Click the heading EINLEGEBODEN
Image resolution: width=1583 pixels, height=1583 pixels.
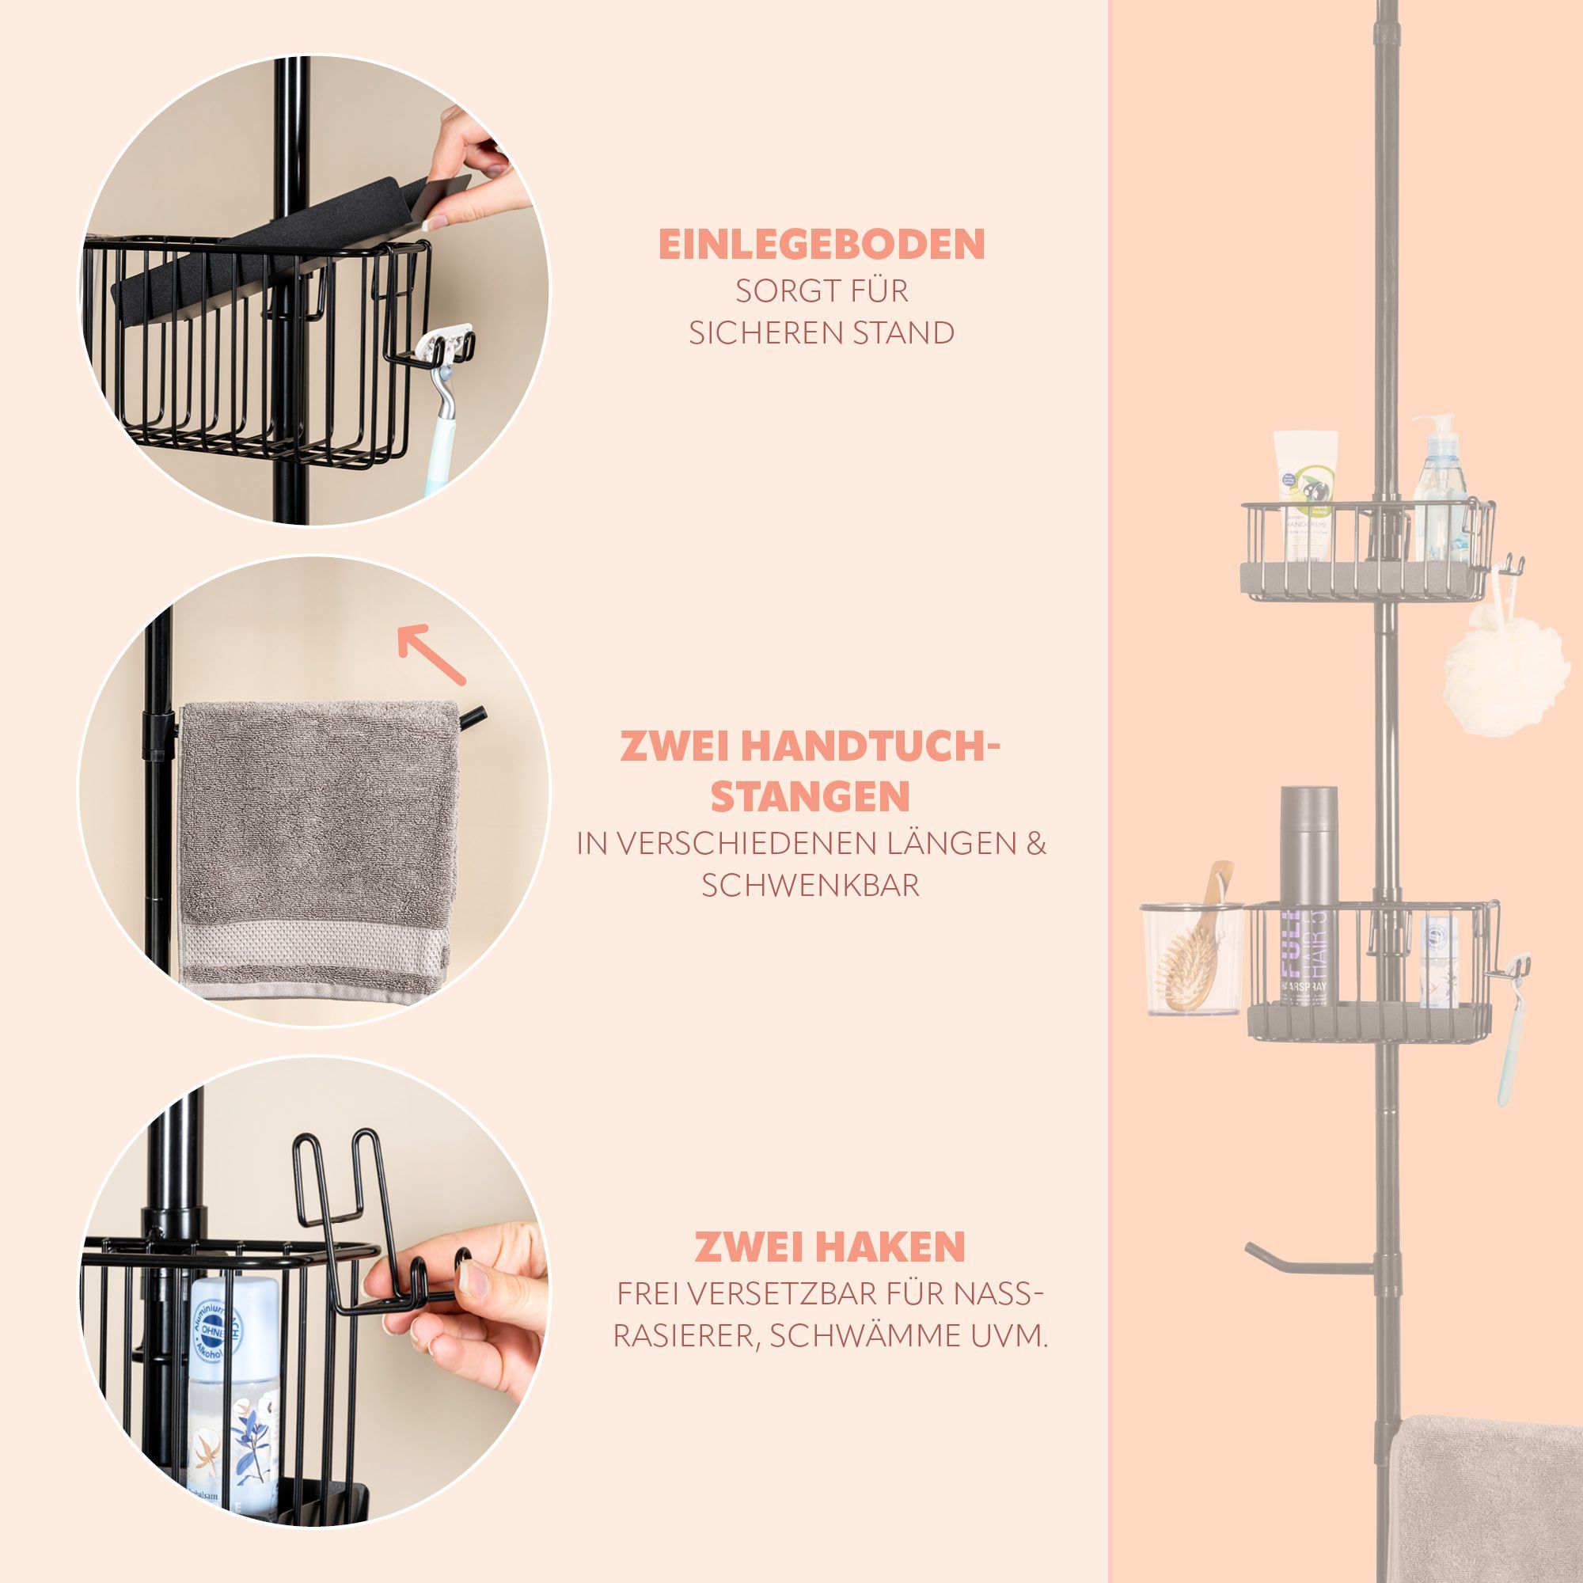[821, 244]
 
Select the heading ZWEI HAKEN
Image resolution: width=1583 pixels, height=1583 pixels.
[830, 1247]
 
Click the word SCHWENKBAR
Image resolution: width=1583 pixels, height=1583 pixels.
[810, 885]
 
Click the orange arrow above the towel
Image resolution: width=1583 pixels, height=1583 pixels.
[431, 654]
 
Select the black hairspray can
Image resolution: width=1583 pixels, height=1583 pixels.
[1308, 897]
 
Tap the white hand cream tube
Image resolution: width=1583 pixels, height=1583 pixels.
[1304, 495]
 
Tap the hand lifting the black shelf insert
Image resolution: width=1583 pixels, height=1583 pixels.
[475, 177]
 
